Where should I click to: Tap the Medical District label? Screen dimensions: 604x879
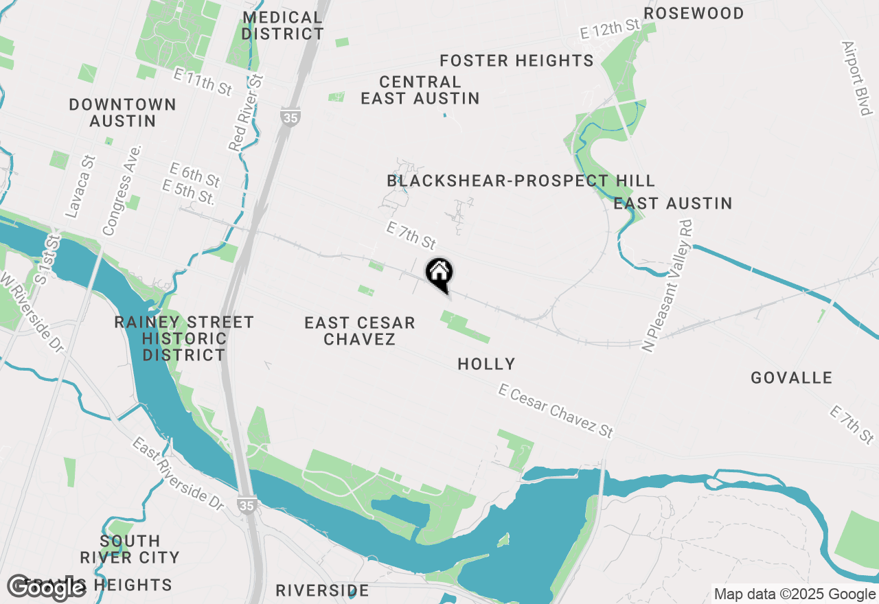tap(282, 25)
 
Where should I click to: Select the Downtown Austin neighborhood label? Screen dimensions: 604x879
tap(123, 113)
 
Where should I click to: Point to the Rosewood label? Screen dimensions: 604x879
tap(694, 14)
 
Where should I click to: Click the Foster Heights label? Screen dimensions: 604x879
tap(516, 60)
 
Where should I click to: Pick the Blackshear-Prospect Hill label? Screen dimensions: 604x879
tap(521, 181)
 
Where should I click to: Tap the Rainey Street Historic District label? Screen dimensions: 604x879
tap(184, 338)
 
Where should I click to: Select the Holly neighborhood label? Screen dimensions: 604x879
tap(486, 364)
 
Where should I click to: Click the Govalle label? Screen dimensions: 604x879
tap(791, 377)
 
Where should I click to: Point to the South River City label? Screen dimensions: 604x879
tap(130, 549)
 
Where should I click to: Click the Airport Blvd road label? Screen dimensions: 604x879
tap(858, 78)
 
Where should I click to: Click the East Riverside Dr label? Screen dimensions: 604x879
tap(179, 474)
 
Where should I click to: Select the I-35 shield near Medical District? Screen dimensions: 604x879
tap(290, 117)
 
